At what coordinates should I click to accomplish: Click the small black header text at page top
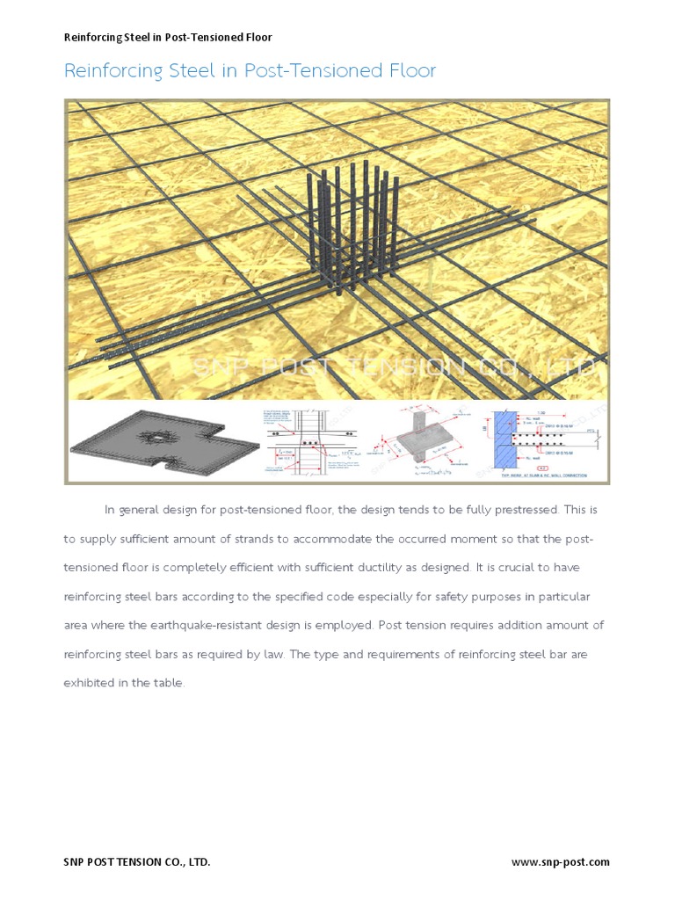[168, 38]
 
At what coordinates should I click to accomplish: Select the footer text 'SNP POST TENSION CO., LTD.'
[137, 862]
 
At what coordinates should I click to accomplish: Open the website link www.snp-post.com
[560, 862]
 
